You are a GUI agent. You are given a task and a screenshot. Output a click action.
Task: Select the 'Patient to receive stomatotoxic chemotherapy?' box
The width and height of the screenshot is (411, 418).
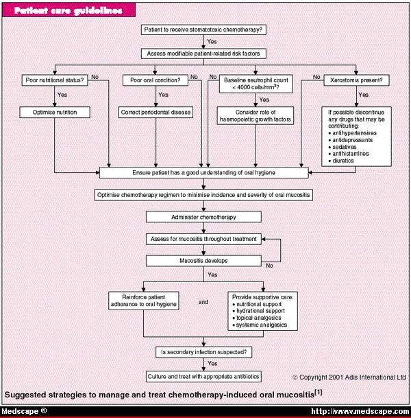tap(204, 30)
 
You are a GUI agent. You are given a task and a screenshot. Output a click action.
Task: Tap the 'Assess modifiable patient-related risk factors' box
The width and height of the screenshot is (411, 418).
tap(204, 53)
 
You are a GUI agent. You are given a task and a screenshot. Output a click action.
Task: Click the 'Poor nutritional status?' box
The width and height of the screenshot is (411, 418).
tap(55, 80)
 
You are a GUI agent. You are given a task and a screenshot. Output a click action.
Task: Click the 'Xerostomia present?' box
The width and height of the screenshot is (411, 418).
tap(356, 80)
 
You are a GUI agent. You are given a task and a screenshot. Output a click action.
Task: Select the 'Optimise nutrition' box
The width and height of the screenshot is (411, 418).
tap(55, 111)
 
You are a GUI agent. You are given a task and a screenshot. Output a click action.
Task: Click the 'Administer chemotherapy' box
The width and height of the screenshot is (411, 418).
tap(204, 217)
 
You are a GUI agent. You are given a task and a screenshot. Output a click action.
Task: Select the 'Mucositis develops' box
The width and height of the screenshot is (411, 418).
tap(204, 261)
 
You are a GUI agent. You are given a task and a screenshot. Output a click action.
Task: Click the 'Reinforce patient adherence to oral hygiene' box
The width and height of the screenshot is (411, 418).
tap(144, 301)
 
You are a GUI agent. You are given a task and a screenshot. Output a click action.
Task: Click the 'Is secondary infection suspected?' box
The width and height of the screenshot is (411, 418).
tap(204, 352)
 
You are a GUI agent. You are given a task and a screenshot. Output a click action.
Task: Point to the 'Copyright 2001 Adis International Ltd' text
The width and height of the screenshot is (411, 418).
tap(349, 377)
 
